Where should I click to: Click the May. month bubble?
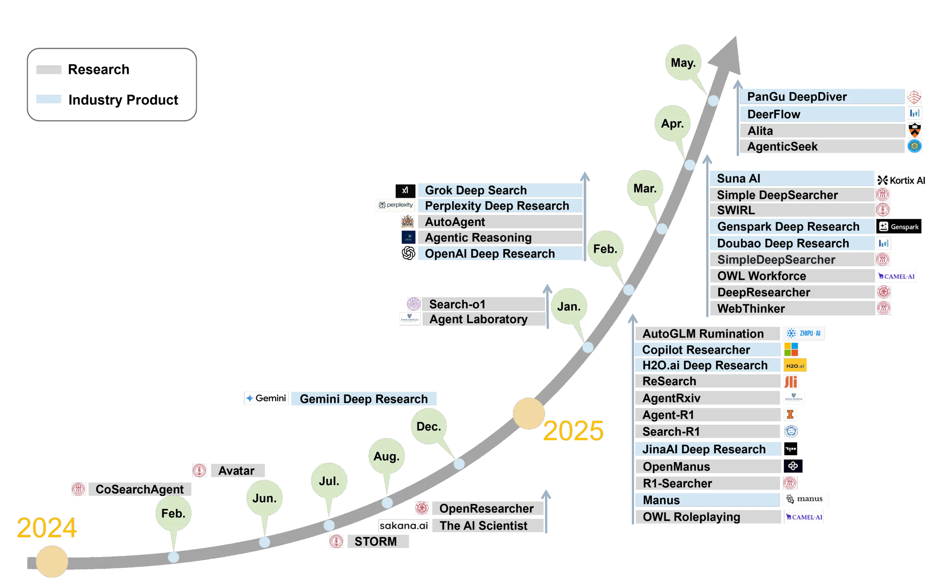coord(683,62)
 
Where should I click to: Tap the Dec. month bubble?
coord(428,427)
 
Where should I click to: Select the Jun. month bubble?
coord(264,498)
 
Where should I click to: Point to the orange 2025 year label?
coord(573,431)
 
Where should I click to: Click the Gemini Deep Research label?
coord(364,399)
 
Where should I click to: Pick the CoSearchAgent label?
coord(139,489)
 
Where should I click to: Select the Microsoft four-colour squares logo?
coord(791,349)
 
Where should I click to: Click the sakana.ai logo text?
coord(403,525)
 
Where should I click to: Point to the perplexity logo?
coord(396,205)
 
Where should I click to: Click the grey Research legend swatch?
coord(49,70)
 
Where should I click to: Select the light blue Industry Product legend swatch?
coord(49,99)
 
